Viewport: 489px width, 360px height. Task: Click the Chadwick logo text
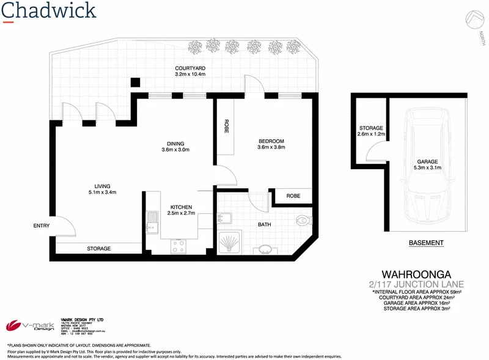(x=49, y=11)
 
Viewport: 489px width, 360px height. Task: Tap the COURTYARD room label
(x=191, y=71)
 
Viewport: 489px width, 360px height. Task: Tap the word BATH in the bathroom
(x=264, y=224)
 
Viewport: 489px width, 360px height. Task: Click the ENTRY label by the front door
(x=41, y=226)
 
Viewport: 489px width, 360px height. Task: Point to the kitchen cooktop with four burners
(x=179, y=246)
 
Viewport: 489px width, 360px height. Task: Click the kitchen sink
(x=152, y=222)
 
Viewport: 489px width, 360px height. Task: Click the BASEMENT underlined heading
(x=425, y=243)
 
